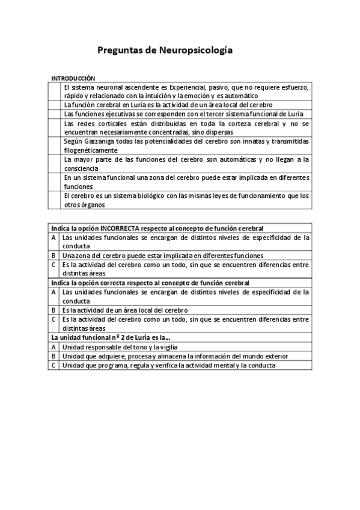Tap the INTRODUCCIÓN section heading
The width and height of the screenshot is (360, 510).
pyautogui.click(x=73, y=78)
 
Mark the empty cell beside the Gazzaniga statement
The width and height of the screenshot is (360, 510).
pyautogui.click(x=55, y=146)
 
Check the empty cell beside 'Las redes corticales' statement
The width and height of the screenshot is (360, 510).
pyautogui.click(x=55, y=127)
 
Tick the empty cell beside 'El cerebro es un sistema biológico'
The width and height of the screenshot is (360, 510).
pyautogui.click(x=55, y=200)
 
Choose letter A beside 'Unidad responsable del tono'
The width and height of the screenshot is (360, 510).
pyautogui.click(x=54, y=347)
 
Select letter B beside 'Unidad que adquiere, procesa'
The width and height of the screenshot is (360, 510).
pyautogui.click(x=54, y=356)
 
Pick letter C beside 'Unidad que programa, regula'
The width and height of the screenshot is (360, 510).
pyautogui.click(x=54, y=365)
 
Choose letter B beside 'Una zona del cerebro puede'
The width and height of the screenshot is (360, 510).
pyautogui.click(x=54, y=256)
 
